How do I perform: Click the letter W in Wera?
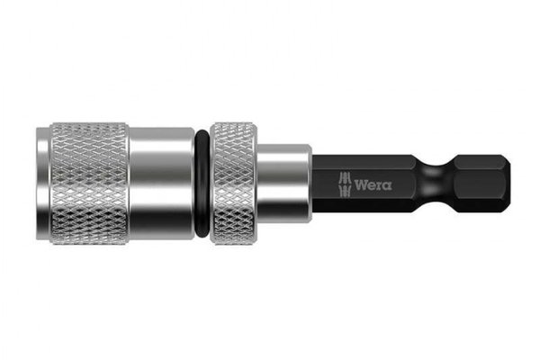(x=361, y=185)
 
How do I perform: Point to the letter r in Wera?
(x=379, y=186)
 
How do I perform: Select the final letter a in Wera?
(x=387, y=186)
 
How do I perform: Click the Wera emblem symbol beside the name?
(x=345, y=185)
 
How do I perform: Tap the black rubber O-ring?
(x=202, y=184)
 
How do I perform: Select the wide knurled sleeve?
(x=89, y=184)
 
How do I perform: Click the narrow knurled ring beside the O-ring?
(x=233, y=184)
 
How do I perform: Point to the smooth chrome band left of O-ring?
(x=162, y=184)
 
